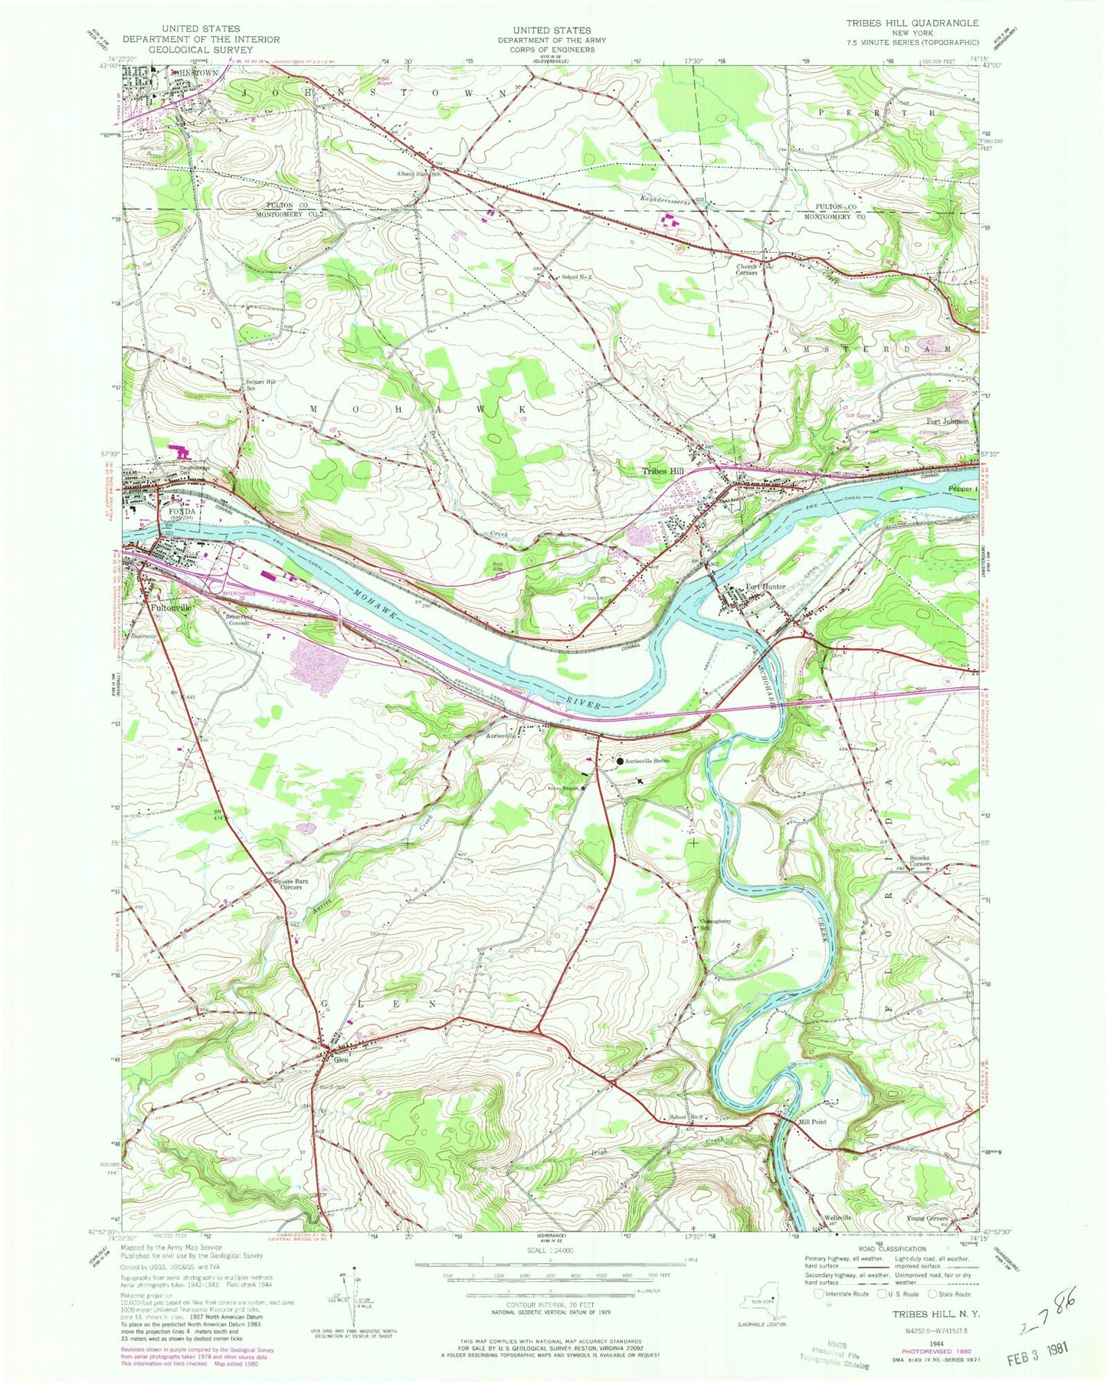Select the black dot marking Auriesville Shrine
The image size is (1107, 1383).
[619, 762]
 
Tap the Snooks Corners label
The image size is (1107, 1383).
[920, 860]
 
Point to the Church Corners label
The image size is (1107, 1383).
[747, 270]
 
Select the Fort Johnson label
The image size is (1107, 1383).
[947, 421]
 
